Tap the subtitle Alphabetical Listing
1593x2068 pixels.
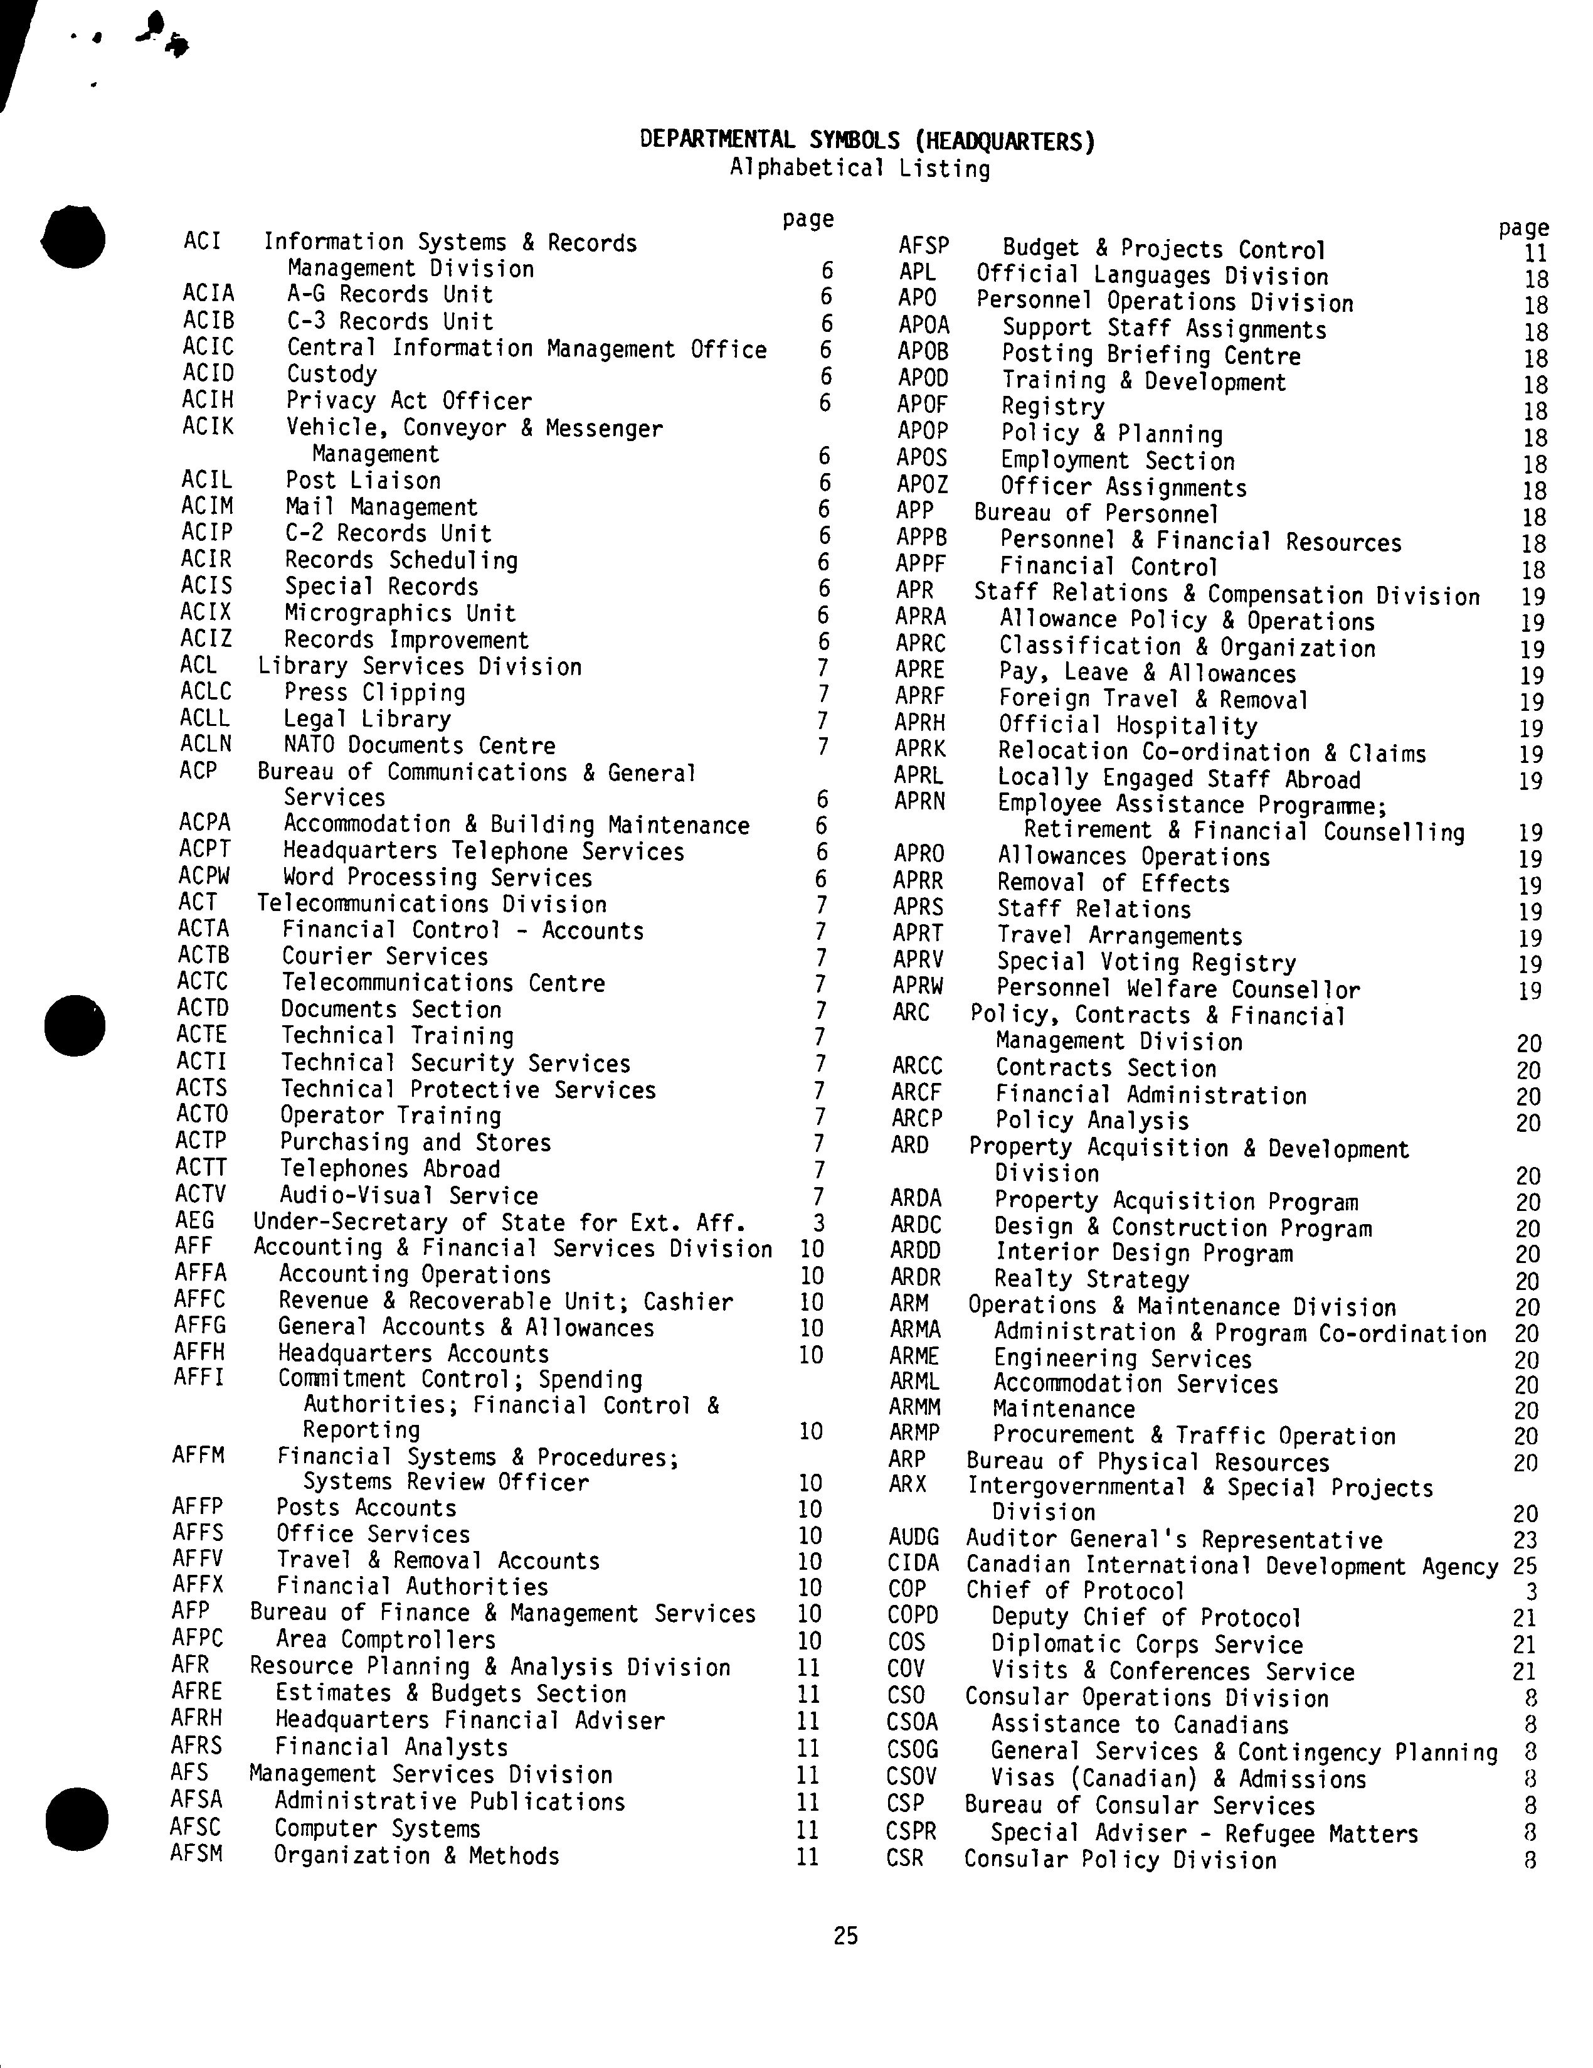click(859, 169)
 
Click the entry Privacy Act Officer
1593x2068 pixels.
click(409, 402)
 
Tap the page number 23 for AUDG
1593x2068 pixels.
click(1525, 1540)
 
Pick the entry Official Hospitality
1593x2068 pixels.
click(1127, 727)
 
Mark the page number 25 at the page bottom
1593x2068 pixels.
click(845, 1936)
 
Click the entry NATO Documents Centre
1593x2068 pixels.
click(420, 745)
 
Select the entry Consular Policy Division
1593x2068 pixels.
click(1119, 1860)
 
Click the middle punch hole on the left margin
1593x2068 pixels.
click(75, 1025)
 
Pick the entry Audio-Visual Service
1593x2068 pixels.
click(408, 1195)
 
